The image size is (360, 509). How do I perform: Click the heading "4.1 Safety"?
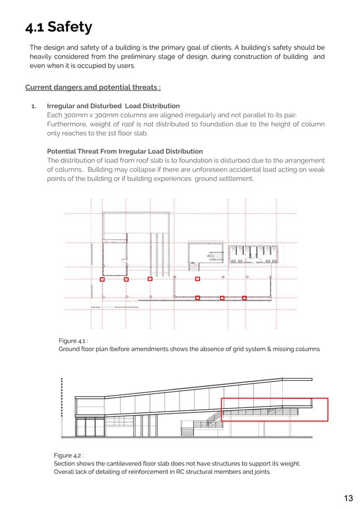click(59, 27)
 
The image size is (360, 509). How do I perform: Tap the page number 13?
click(348, 498)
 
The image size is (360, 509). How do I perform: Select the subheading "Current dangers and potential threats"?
click(93, 87)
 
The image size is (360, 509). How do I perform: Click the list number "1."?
click(34, 106)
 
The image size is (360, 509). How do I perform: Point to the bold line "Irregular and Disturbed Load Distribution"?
click(113, 106)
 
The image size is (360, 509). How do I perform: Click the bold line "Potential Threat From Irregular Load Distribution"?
click(125, 151)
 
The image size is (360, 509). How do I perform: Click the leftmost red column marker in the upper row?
click(102, 279)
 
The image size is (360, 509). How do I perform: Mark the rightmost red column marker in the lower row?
click(244, 297)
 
